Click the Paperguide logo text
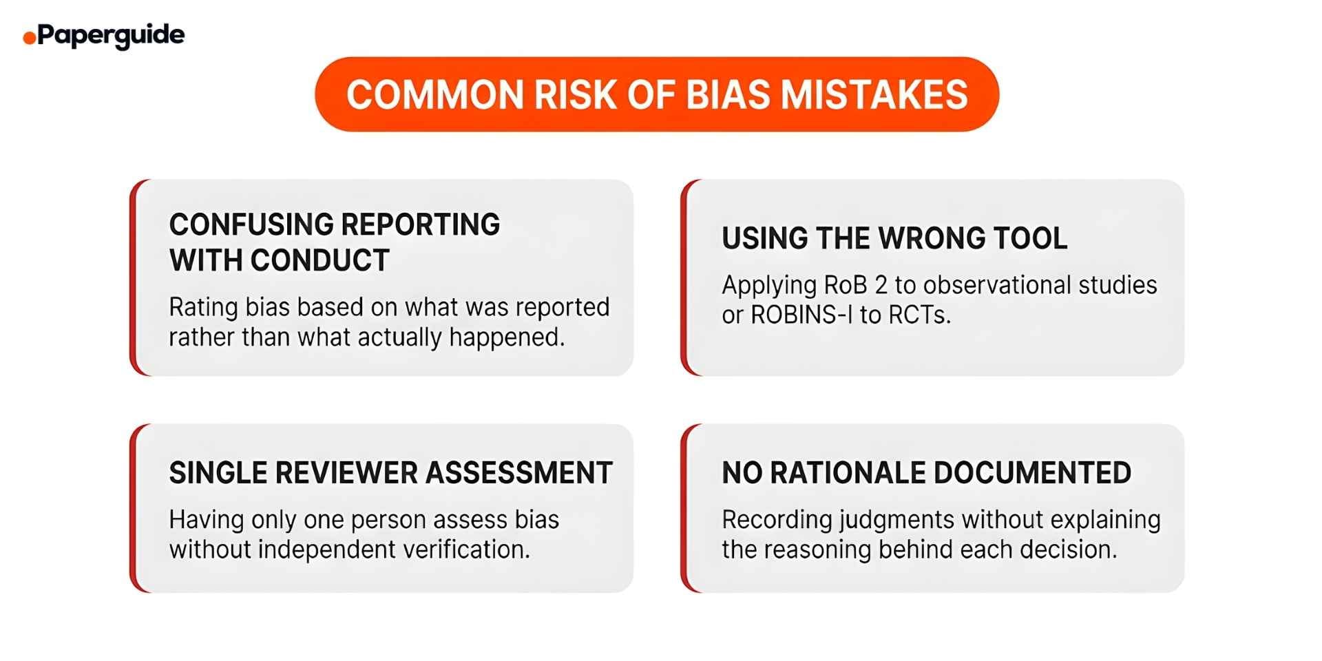(x=111, y=36)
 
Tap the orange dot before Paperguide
(x=29, y=38)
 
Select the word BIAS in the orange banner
(x=728, y=94)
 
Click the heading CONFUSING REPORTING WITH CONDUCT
(x=335, y=242)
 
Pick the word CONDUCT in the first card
(x=320, y=260)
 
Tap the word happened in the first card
(x=507, y=337)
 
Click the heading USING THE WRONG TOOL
(x=894, y=238)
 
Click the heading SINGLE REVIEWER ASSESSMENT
(x=391, y=473)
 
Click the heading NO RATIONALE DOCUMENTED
(x=927, y=473)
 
